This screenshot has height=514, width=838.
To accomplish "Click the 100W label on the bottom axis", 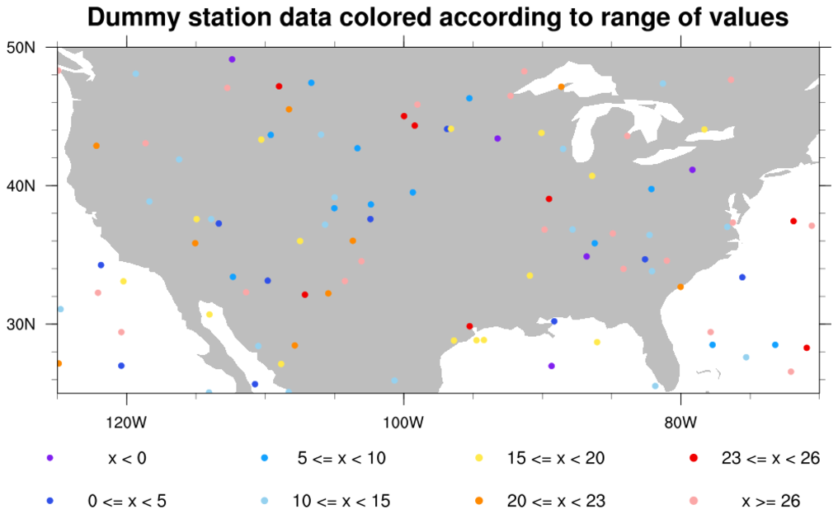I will coord(403,424).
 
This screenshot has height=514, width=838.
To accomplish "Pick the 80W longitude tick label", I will coord(680,424).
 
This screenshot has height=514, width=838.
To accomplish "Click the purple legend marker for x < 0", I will coord(49,459).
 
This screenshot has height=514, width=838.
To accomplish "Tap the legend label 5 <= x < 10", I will coord(341,459).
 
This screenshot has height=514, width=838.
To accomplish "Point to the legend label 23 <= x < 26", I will coord(770,459).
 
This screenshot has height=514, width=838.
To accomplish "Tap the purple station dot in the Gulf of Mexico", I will coord(551,366).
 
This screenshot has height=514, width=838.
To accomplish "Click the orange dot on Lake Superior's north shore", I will coord(561,86).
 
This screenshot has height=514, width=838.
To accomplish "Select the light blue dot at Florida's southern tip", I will coord(655,386).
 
